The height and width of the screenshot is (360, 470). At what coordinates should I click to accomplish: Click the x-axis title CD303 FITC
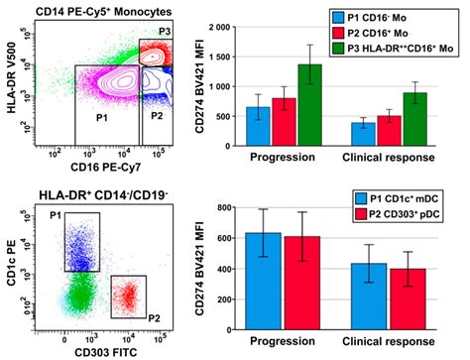pos(101,345)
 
